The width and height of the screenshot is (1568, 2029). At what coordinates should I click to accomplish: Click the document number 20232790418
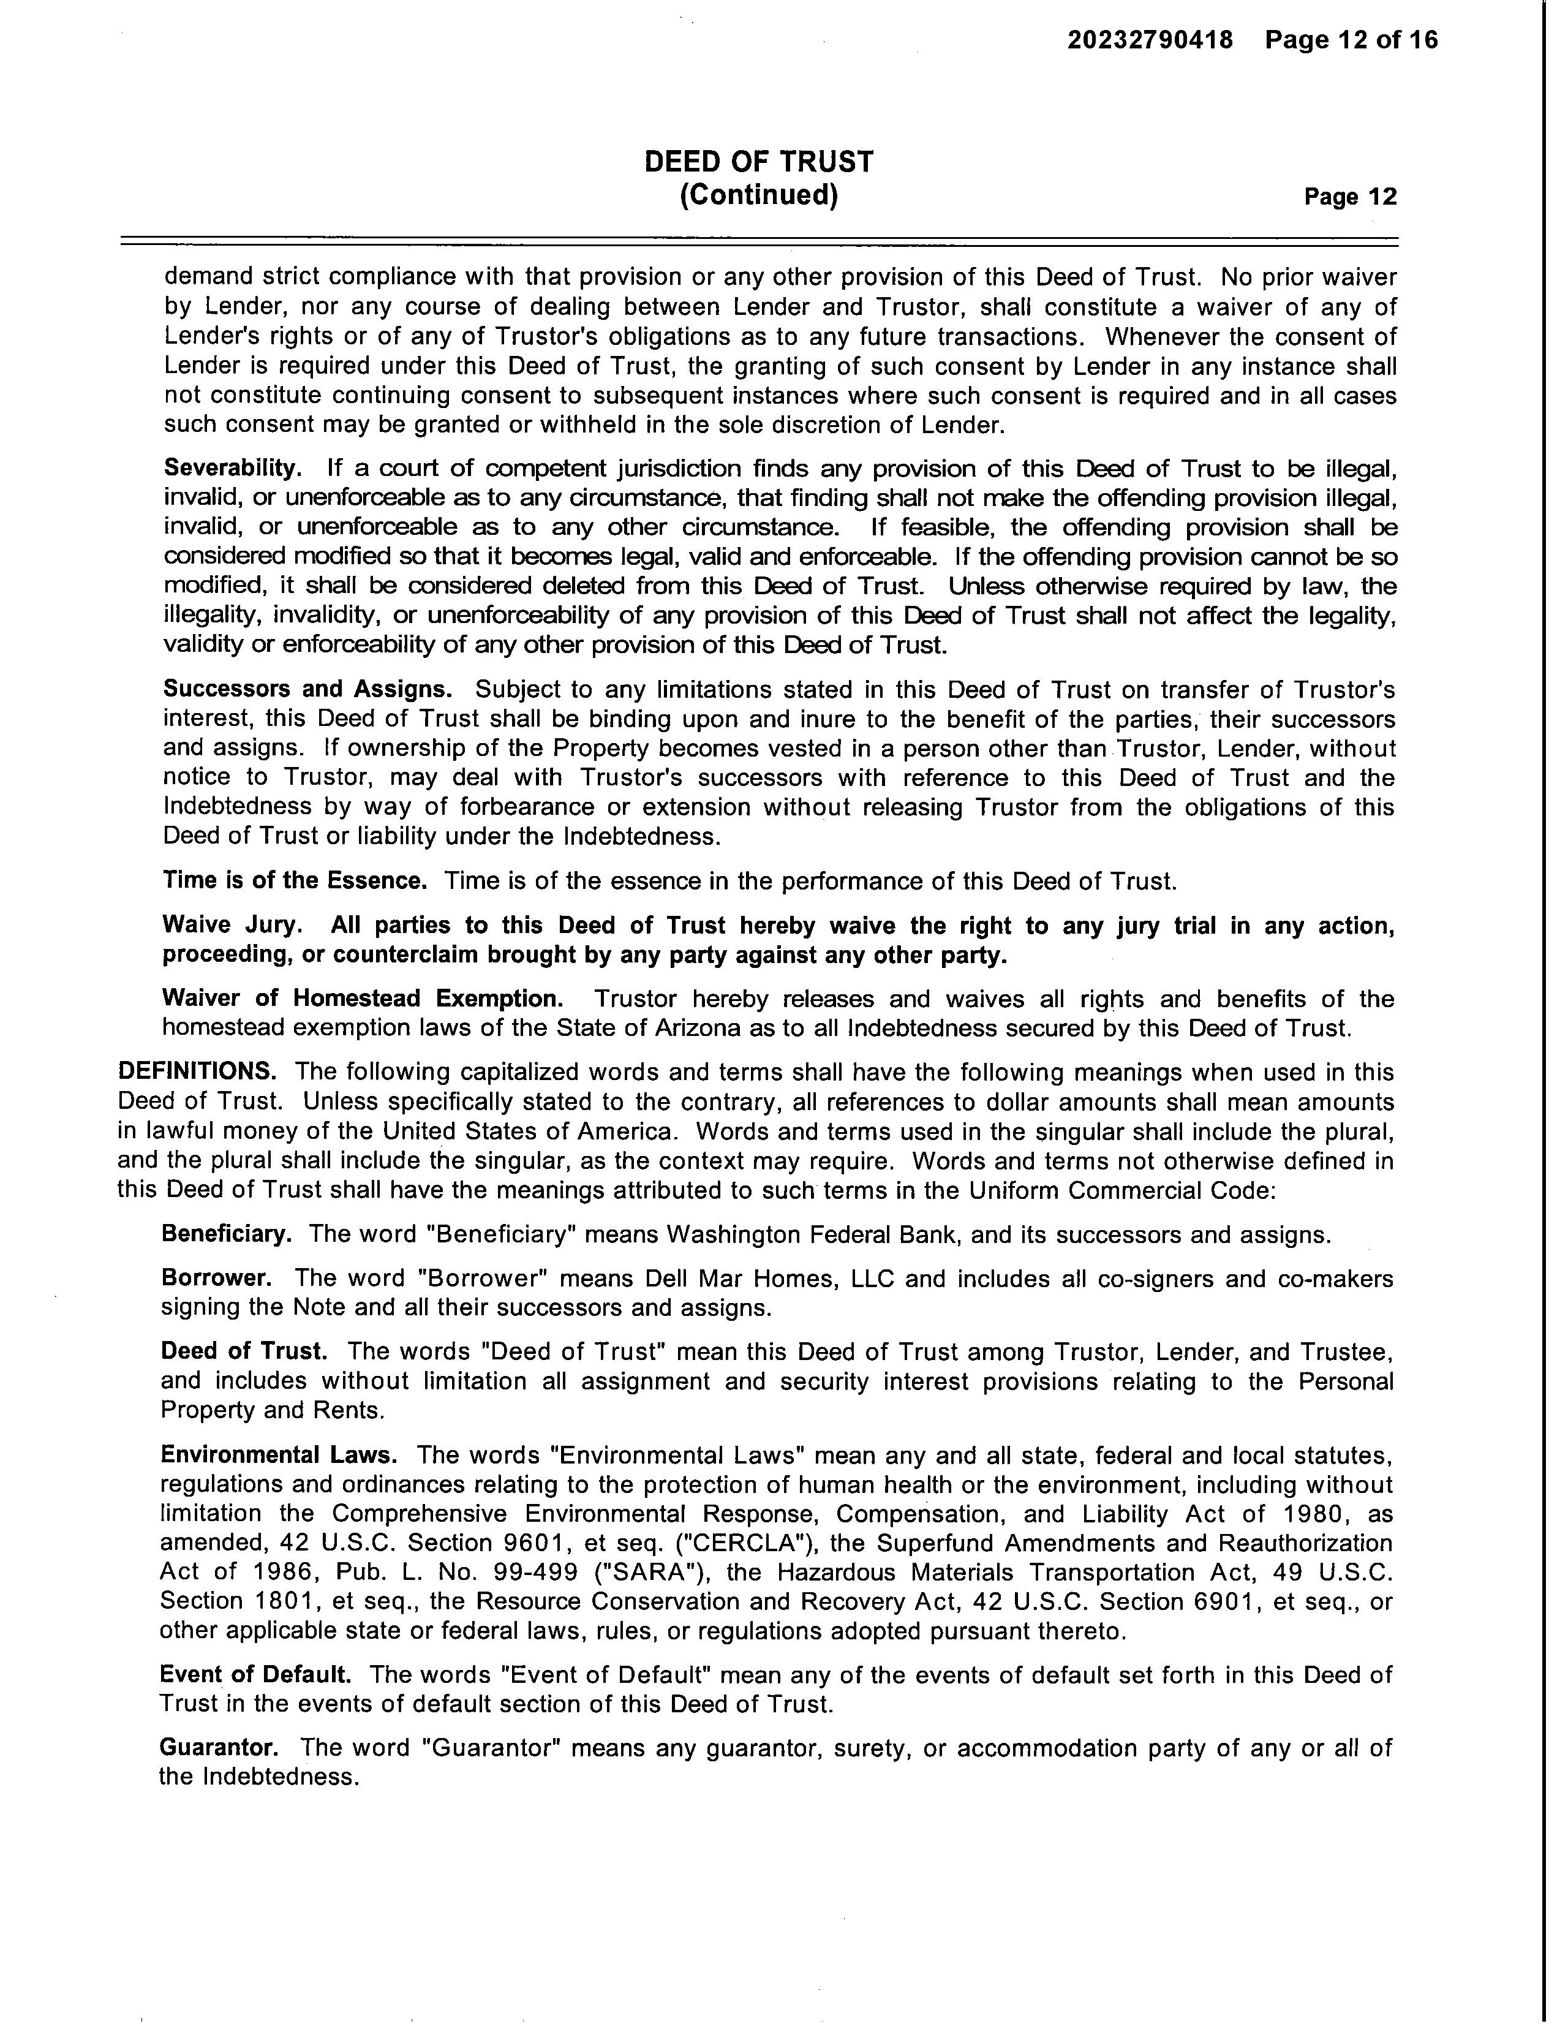click(x=1150, y=40)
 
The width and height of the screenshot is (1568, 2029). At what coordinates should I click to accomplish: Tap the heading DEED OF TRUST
click(x=759, y=162)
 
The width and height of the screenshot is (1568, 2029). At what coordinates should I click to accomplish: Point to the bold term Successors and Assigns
click(x=307, y=689)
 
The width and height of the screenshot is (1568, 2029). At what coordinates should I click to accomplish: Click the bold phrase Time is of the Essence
click(x=295, y=880)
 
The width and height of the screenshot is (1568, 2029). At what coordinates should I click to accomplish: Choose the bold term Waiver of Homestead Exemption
click(x=362, y=998)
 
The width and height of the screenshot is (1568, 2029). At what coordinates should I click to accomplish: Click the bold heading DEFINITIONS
click(x=197, y=1071)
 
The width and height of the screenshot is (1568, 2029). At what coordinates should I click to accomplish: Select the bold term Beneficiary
click(x=227, y=1234)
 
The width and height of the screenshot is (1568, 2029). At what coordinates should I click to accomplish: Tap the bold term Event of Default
click(x=255, y=1674)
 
